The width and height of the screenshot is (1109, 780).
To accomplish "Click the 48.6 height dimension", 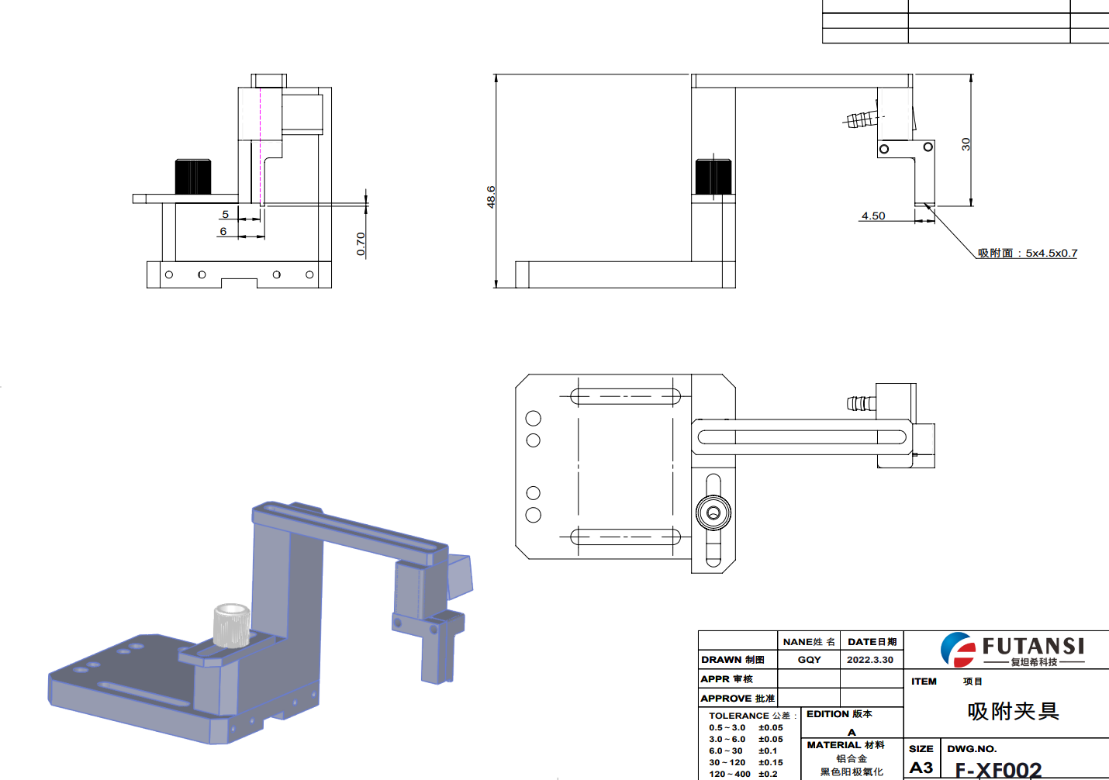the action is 491,196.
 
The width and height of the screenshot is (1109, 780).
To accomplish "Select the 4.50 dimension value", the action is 873,216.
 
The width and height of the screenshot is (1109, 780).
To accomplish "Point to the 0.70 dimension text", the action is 361,244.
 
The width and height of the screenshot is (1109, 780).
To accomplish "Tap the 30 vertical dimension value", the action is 966,144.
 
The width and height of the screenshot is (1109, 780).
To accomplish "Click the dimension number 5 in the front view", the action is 225,214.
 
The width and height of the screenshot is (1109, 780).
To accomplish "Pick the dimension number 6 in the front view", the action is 223,231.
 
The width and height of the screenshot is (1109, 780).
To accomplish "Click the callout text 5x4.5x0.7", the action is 1052,254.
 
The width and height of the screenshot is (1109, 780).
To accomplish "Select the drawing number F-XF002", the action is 998,770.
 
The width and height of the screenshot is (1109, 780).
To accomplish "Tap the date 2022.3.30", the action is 870,660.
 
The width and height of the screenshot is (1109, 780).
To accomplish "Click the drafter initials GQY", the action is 810,660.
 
